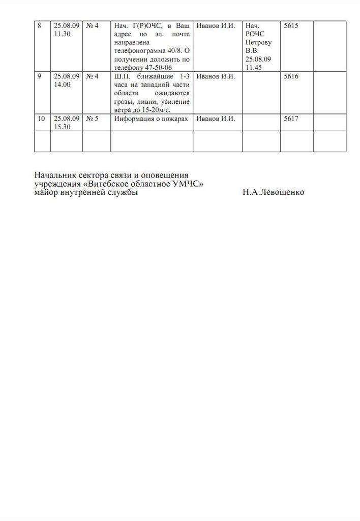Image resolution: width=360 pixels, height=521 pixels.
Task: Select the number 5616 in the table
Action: tap(289, 77)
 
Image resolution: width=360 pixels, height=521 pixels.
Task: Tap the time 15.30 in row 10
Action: tap(62, 128)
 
